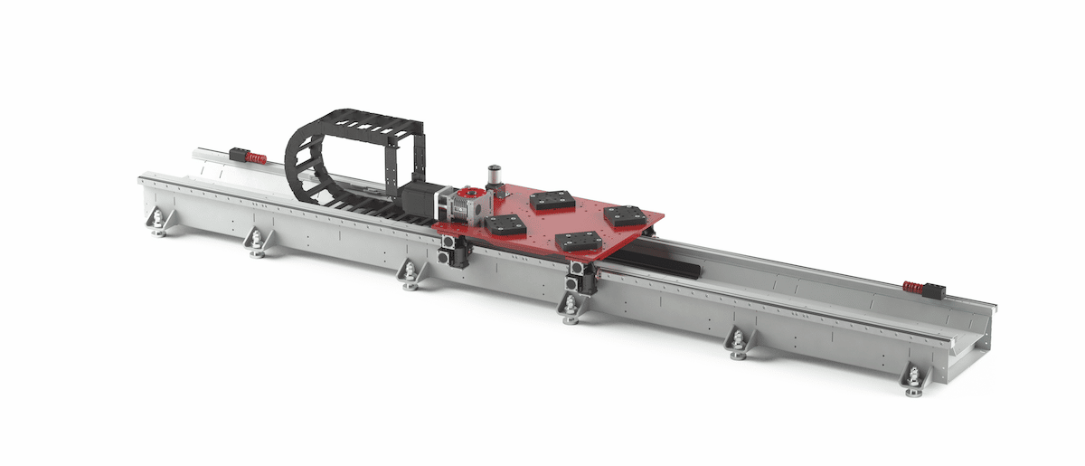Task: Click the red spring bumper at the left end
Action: tap(256, 158)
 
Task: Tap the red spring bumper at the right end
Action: tap(914, 288)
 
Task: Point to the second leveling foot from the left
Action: tap(257, 244)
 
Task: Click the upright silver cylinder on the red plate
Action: tap(495, 176)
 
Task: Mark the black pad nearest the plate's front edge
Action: tap(575, 240)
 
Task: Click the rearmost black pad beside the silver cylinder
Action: tap(551, 200)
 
